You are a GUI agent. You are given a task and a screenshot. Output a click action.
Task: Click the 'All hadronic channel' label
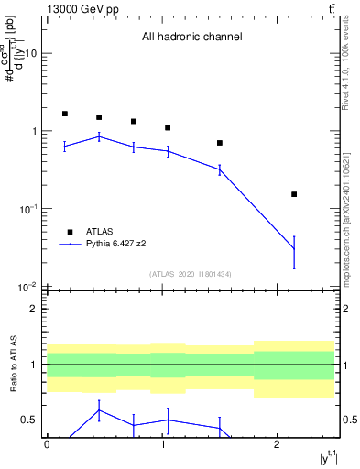(x=191, y=38)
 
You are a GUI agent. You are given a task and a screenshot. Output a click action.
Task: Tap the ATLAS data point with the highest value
(x=65, y=114)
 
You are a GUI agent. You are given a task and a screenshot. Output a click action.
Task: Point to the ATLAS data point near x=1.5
(x=220, y=143)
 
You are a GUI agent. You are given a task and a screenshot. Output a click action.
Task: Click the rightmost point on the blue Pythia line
(x=294, y=249)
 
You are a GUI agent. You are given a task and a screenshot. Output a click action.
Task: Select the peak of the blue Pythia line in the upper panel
(x=99, y=136)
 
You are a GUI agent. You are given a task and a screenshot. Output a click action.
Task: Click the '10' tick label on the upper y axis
(x=30, y=53)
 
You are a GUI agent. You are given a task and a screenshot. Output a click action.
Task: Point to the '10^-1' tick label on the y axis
(x=27, y=209)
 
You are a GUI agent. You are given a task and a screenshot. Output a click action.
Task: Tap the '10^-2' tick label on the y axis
(x=27, y=287)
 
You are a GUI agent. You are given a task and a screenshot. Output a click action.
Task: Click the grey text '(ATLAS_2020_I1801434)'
(x=191, y=274)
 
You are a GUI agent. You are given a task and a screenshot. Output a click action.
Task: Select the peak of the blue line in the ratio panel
(x=99, y=409)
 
